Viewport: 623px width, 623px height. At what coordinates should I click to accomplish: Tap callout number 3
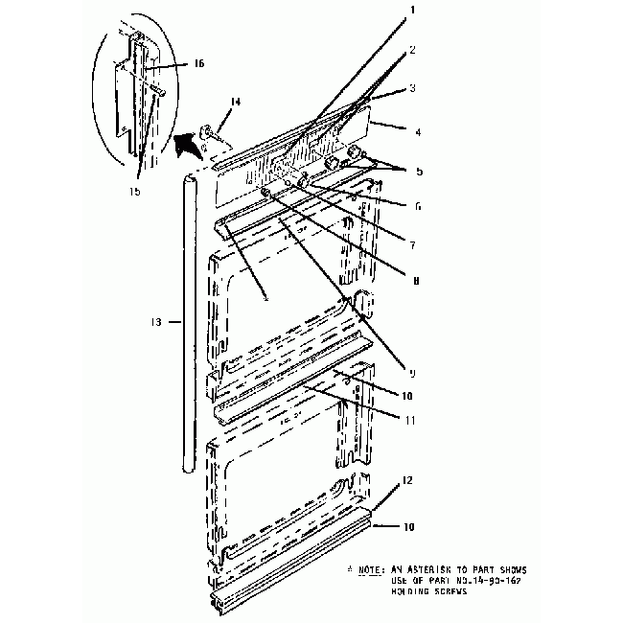[x=412, y=88]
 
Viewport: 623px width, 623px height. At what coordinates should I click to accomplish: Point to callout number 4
[x=417, y=130]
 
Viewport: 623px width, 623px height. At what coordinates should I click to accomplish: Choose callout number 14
[x=236, y=101]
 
